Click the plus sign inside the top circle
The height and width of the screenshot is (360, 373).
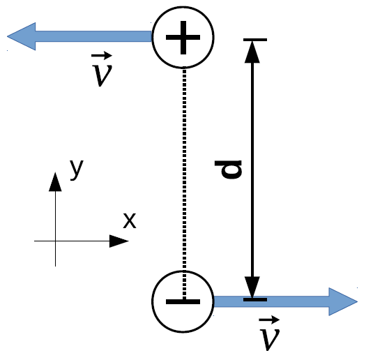point(183,38)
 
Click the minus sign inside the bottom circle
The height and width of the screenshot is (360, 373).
point(183,301)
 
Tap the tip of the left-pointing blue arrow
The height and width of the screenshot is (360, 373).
point(7,36)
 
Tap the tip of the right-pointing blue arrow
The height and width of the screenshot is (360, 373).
point(358,301)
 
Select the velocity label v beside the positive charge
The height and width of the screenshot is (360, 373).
point(102,70)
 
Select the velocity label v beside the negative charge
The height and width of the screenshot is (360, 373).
point(269,333)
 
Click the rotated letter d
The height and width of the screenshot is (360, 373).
point(229,170)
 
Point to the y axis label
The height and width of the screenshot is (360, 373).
point(77,170)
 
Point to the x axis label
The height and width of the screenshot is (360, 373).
point(130,220)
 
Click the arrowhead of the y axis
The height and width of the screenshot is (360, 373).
point(55,182)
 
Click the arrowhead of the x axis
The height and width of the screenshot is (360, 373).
point(119,241)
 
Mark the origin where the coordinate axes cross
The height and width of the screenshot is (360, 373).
point(55,241)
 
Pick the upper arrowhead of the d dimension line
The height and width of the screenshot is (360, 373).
point(252,52)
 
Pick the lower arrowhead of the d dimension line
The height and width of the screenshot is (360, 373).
point(252,287)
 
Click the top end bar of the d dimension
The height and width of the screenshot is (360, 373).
point(255,40)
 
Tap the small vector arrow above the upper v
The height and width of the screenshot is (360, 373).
point(102,56)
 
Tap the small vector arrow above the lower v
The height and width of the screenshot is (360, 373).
point(269,320)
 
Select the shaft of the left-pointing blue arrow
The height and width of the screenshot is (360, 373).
point(93,36)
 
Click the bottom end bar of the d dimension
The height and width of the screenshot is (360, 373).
point(255,299)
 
